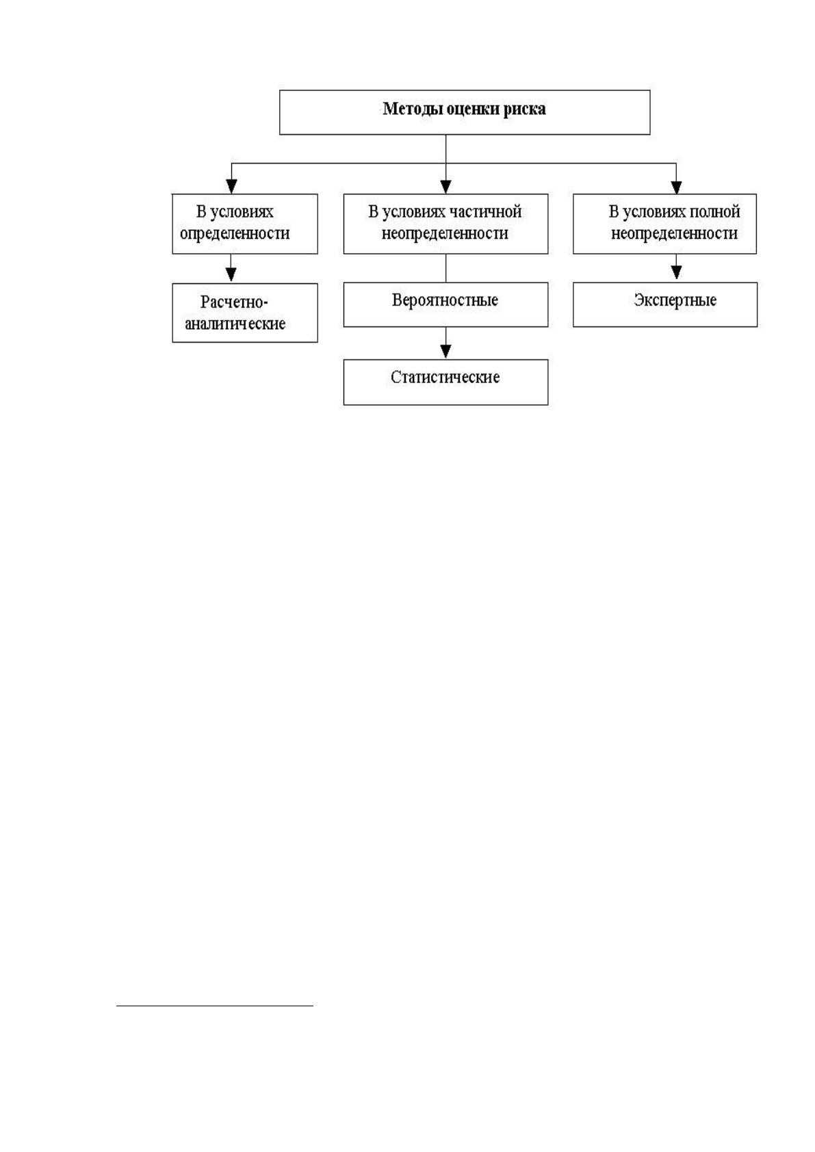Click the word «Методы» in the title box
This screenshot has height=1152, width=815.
[413, 109]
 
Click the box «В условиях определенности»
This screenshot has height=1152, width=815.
[245, 224]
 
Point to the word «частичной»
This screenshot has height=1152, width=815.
[486, 212]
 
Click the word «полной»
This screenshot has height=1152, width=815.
[714, 212]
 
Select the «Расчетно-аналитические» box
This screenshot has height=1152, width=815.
[245, 313]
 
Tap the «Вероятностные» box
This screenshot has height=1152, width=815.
[445, 304]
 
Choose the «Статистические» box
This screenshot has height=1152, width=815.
[445, 382]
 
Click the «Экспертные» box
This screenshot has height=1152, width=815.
[664, 304]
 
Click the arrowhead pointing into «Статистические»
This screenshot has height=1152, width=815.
[445, 351]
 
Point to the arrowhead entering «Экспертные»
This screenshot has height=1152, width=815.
[676, 272]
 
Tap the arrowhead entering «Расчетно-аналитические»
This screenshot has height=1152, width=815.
[231, 274]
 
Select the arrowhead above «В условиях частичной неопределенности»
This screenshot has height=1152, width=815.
[445, 186]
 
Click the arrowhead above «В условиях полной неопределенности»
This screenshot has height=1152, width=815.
[676, 186]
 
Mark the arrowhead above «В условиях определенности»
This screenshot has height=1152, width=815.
[231, 186]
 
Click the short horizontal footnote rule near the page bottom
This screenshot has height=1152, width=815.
[215, 1005]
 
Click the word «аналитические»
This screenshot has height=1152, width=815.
[235, 324]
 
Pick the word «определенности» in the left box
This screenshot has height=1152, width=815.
[235, 234]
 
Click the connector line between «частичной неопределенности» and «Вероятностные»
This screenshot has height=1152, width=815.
[445, 268]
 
